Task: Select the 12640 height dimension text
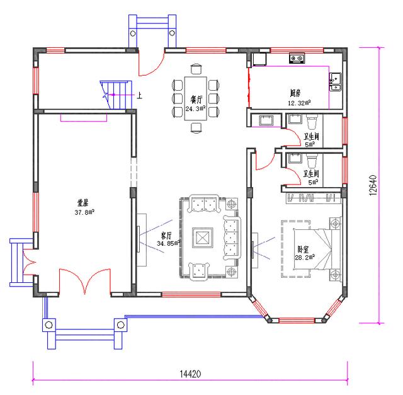[373, 185]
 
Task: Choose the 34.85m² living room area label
[168, 242]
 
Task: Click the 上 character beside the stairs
[139, 96]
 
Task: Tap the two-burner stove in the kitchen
[297, 59]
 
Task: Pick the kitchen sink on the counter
[336, 79]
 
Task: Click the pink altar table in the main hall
[79, 117]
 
